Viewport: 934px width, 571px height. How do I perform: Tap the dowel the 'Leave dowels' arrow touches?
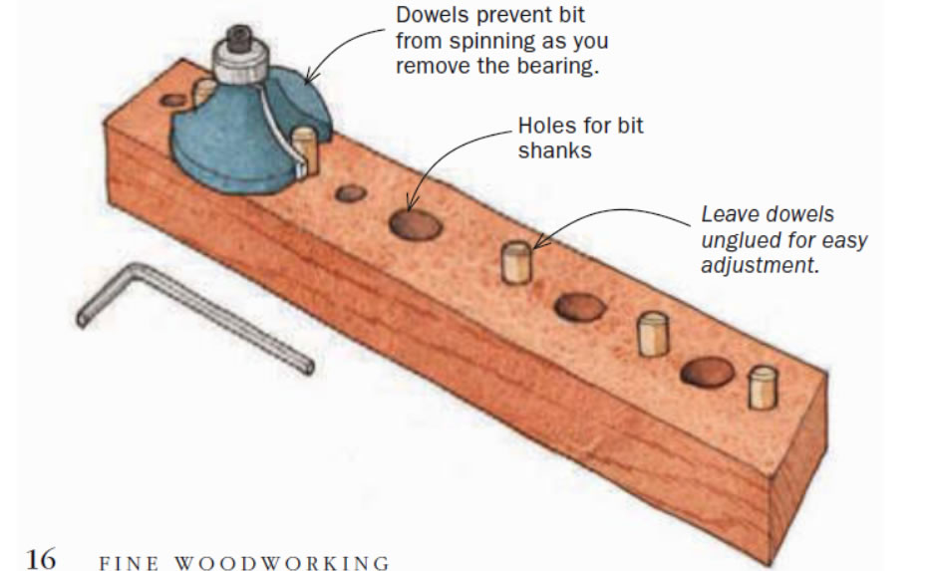pyautogui.click(x=514, y=262)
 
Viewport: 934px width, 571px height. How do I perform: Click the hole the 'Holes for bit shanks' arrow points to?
pyautogui.click(x=416, y=226)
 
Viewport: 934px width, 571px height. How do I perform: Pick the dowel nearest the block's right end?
pyautogui.click(x=763, y=389)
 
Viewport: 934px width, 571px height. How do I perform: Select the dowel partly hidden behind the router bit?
pyautogui.click(x=202, y=92)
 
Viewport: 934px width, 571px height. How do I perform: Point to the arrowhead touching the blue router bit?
pyautogui.click(x=308, y=77)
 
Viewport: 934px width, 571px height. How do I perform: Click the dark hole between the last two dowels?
pyautogui.click(x=707, y=373)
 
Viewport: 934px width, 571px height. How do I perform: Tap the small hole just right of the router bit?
pyautogui.click(x=349, y=193)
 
